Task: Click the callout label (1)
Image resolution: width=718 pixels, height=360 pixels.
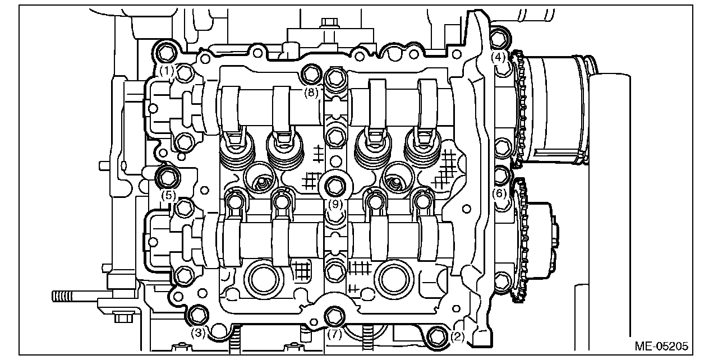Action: click(166, 71)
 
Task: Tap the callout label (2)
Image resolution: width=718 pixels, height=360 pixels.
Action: click(457, 337)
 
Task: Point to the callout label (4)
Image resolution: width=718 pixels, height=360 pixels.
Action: click(499, 57)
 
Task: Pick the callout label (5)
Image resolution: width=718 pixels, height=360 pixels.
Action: click(168, 196)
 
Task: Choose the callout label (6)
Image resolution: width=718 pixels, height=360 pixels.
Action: click(499, 194)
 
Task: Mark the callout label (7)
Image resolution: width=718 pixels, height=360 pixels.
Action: click(335, 335)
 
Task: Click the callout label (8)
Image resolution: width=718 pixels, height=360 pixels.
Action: click(311, 93)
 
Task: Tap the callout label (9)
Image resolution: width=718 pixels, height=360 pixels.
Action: click(335, 204)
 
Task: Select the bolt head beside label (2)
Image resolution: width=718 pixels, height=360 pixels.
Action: click(436, 336)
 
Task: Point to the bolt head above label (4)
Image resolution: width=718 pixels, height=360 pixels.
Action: click(499, 38)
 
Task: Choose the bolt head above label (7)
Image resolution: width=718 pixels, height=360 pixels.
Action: click(335, 317)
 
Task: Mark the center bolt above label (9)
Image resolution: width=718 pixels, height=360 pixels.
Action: click(335, 185)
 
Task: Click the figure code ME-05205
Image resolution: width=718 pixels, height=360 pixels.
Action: click(662, 346)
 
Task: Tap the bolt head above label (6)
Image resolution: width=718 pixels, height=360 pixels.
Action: click(500, 175)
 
